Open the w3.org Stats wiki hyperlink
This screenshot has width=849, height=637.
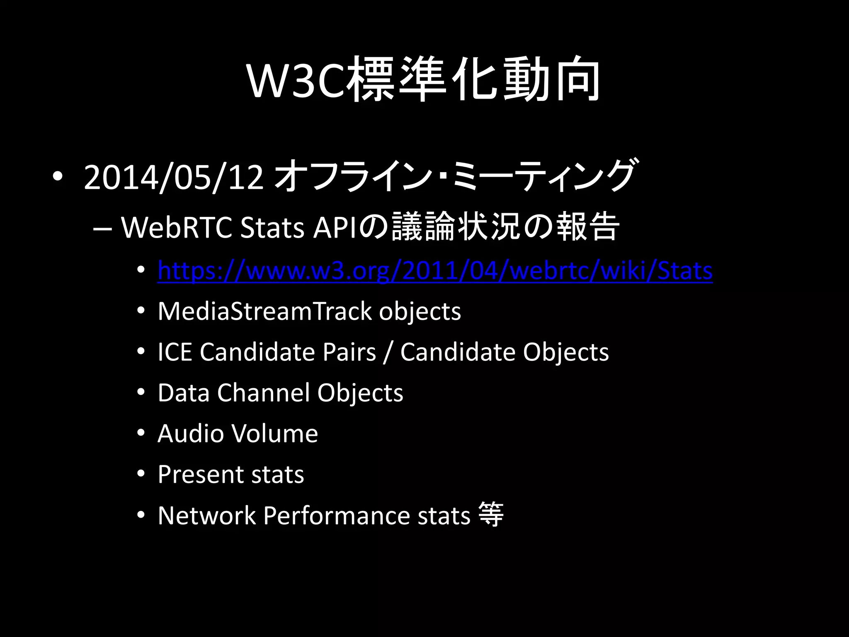click(435, 271)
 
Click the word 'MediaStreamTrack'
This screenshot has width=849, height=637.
click(264, 311)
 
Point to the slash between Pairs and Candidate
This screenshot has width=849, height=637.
click(388, 353)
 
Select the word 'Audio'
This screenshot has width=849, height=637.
click(191, 434)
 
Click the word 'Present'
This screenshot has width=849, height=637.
click(200, 474)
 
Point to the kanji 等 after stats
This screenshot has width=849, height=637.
click(491, 515)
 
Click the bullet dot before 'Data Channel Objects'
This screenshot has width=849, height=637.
click(141, 392)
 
